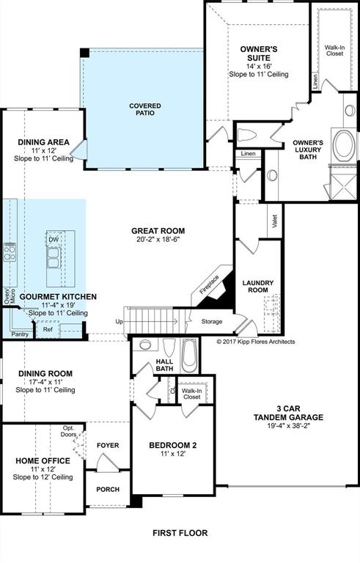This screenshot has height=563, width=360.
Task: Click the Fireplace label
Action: click(209, 284)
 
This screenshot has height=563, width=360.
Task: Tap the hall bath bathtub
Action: click(189, 356)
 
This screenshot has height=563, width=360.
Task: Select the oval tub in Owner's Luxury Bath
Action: click(344, 145)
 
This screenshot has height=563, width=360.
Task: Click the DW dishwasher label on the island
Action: click(54, 240)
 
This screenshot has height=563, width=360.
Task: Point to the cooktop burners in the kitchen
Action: click(10, 251)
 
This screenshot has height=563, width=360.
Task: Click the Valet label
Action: click(275, 221)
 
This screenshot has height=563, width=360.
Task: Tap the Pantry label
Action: click(20, 334)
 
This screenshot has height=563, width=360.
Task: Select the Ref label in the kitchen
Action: click(48, 329)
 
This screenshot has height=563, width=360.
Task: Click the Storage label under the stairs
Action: click(212, 321)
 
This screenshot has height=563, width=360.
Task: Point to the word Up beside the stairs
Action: click(119, 321)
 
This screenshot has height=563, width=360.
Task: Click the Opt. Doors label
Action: click(68, 431)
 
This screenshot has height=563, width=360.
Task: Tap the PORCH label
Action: click(108, 490)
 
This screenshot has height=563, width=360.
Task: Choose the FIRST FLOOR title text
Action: click(180, 533)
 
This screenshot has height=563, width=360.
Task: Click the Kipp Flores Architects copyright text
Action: click(256, 342)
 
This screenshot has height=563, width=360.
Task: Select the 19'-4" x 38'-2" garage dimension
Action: click(288, 426)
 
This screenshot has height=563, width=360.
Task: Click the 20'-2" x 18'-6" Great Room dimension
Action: click(158, 240)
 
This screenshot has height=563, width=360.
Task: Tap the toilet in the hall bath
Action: click(169, 347)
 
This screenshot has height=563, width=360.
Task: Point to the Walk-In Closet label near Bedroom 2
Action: click(192, 394)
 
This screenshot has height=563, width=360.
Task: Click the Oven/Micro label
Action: click(10, 296)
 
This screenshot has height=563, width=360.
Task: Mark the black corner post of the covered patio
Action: click(84, 53)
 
